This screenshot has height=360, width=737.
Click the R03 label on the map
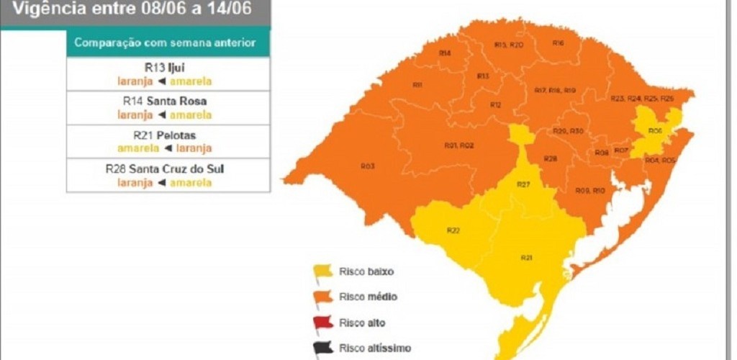pos(367,166)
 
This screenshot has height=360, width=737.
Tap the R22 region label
pos(453,230)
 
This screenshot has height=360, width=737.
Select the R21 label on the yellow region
pos(526,257)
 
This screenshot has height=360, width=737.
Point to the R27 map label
pos(523,184)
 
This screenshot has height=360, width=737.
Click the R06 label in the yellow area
pos(655,131)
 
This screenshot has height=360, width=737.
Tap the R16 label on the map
pos(558,43)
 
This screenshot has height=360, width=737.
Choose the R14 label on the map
pos(445,53)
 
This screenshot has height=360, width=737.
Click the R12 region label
pos(496,105)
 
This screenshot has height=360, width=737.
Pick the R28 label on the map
pos(550,158)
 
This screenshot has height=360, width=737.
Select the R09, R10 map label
pos(590,190)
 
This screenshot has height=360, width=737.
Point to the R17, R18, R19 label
pos(555,90)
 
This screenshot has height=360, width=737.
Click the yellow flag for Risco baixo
pos(322,271)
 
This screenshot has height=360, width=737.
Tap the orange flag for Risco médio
pos(322,296)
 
